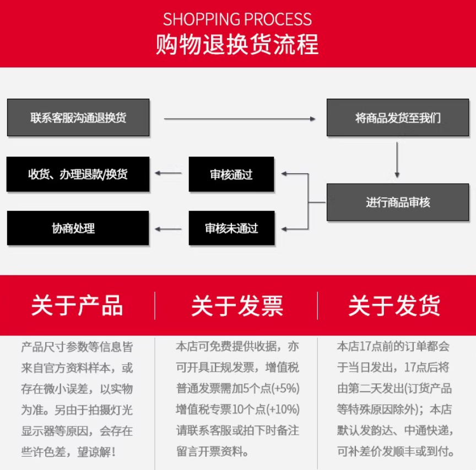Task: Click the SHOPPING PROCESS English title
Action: tap(237, 20)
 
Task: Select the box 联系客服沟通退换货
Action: tap(78, 117)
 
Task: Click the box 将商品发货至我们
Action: tap(398, 117)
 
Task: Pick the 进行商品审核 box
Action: tap(398, 202)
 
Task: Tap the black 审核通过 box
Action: tap(231, 174)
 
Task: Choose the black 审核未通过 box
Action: tap(231, 228)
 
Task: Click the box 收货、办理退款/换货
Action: tap(78, 174)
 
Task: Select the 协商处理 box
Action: tap(78, 228)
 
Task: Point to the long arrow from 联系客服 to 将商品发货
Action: tap(240, 118)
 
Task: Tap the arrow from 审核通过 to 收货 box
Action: tap(169, 174)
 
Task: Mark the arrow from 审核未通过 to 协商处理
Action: tap(169, 228)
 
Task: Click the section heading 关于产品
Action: tap(77, 306)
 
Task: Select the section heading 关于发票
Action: tap(237, 306)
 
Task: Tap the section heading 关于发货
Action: tap(394, 306)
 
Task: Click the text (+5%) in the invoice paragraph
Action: tap(286, 388)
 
